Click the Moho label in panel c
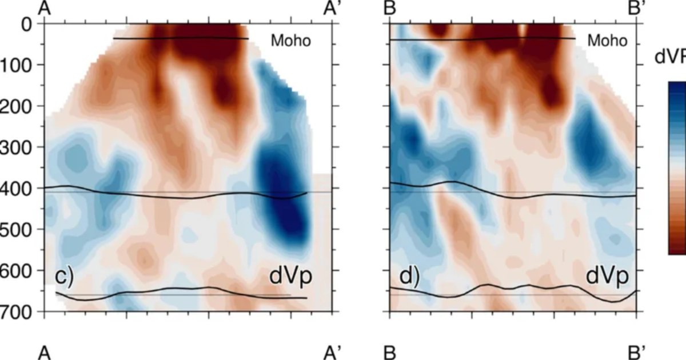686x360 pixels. tap(291, 41)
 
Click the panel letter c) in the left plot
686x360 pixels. tap(65, 277)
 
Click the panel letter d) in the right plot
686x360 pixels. tap(409, 277)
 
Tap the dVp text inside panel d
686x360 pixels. tap(607, 277)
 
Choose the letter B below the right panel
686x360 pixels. tap(390, 352)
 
